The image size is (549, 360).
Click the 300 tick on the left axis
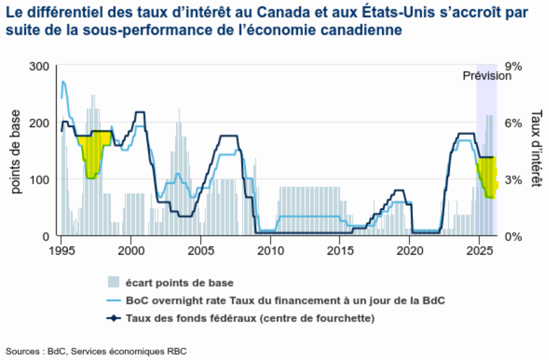[x=40, y=66]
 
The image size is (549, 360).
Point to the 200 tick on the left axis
[x=40, y=122]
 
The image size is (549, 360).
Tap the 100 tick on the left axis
[x=40, y=179]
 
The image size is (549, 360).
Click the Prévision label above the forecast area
[x=487, y=76]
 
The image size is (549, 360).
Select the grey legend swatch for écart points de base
[x=113, y=283]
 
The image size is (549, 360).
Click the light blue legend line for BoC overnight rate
[x=113, y=301]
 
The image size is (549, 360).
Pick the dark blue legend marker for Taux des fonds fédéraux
[x=113, y=319]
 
